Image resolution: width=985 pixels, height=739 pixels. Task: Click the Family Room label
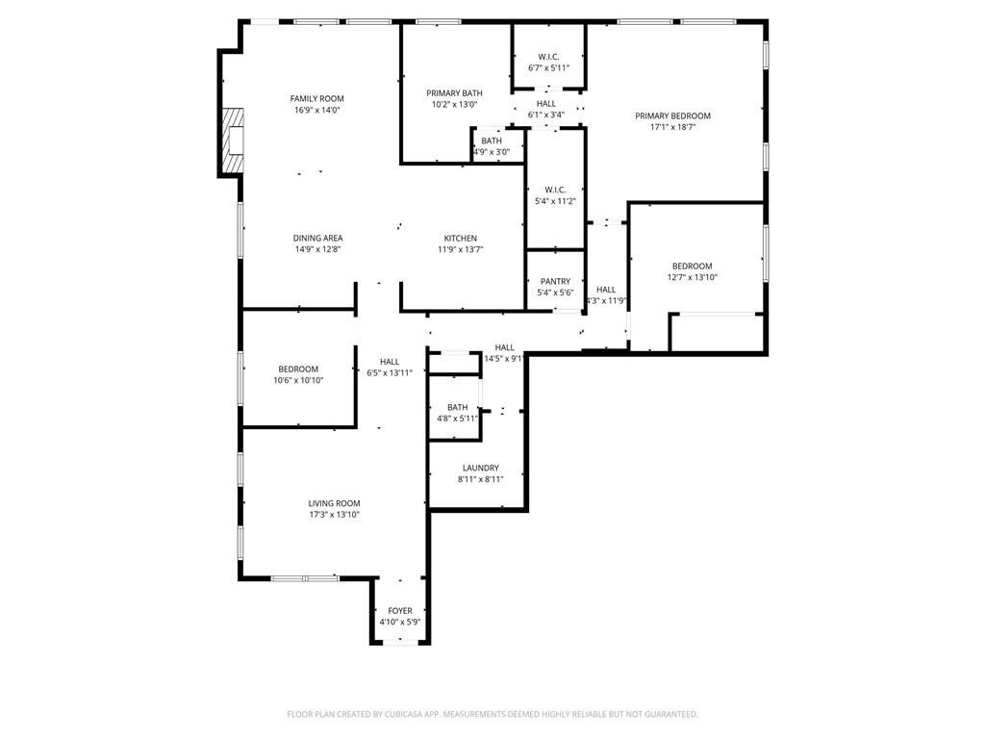316,99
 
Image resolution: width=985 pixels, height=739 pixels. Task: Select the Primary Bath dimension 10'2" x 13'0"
454,105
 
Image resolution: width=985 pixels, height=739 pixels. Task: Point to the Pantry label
555,282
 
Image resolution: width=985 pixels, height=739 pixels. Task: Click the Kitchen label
461,239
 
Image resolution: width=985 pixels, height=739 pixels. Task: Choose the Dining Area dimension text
317,249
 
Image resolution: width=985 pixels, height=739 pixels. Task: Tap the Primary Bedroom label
672,115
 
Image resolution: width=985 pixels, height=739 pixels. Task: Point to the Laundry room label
481,469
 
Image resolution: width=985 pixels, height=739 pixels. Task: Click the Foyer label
400,611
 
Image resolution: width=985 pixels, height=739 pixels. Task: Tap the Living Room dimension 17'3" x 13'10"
334,515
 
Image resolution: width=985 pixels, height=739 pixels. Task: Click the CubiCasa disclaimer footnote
492,715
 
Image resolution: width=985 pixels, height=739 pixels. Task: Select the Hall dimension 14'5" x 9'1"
504,359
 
